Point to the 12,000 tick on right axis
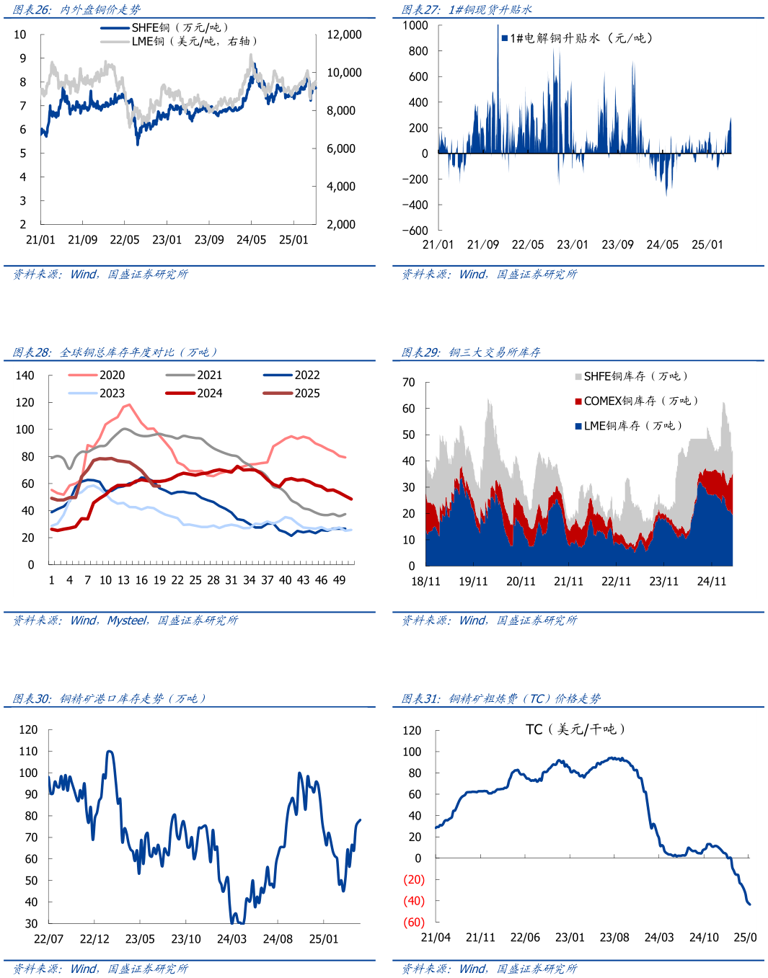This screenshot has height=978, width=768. click(344, 35)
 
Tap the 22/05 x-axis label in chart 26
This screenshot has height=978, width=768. click(125, 240)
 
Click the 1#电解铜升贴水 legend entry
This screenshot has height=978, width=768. click(577, 38)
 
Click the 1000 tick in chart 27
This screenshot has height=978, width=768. click(415, 26)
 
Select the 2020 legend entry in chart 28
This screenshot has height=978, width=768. click(97, 375)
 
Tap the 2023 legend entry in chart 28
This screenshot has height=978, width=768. click(97, 394)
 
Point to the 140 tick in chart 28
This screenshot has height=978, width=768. click(25, 375)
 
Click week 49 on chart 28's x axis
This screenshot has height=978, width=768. click(339, 580)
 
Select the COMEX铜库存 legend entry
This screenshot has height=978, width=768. click(637, 401)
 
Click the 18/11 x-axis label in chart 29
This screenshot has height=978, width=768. click(425, 582)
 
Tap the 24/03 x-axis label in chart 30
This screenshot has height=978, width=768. click(231, 939)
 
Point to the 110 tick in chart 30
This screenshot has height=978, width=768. click(29, 751)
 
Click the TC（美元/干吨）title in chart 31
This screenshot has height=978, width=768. click(575, 729)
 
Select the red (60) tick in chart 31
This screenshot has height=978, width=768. click(414, 923)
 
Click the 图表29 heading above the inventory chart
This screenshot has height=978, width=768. click(471, 352)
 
